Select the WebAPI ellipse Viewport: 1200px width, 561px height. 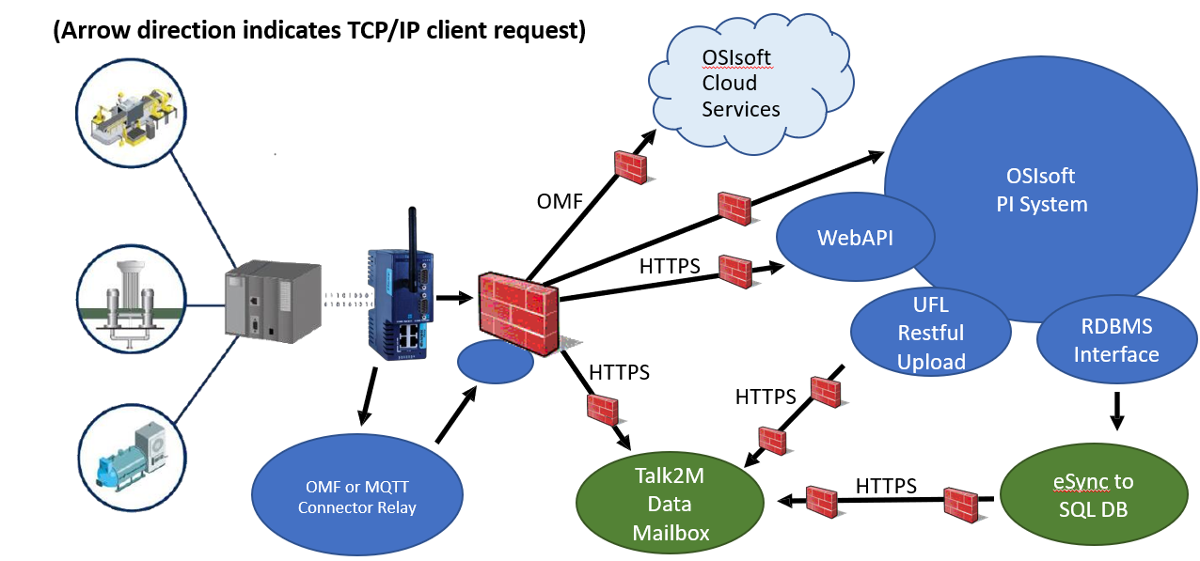click(854, 238)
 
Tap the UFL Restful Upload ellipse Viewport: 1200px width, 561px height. click(930, 333)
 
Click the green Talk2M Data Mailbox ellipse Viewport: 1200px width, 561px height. click(670, 504)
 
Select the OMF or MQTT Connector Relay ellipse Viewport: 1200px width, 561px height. click(357, 495)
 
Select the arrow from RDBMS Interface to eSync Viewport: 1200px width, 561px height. click(1116, 410)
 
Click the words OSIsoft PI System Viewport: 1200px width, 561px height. click(1041, 190)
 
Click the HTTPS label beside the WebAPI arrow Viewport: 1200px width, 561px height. click(670, 266)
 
